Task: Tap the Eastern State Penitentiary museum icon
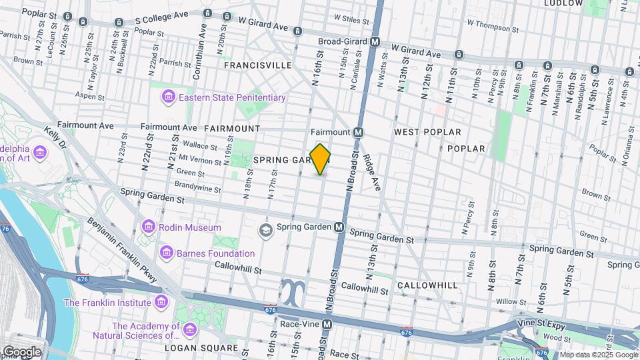pos(169,98)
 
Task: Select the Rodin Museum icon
pos(148,227)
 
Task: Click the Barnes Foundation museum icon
pos(166,253)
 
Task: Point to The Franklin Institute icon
pos(160,303)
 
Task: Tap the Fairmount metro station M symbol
pos(358,132)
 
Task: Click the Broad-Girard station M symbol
pos(375,41)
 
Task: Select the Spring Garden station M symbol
pos(339,227)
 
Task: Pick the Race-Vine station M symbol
pos(327,325)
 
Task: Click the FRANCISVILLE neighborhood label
pos(258,65)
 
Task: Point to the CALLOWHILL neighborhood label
pos(427,285)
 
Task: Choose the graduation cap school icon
pos(266,230)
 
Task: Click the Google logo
pos(21,351)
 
